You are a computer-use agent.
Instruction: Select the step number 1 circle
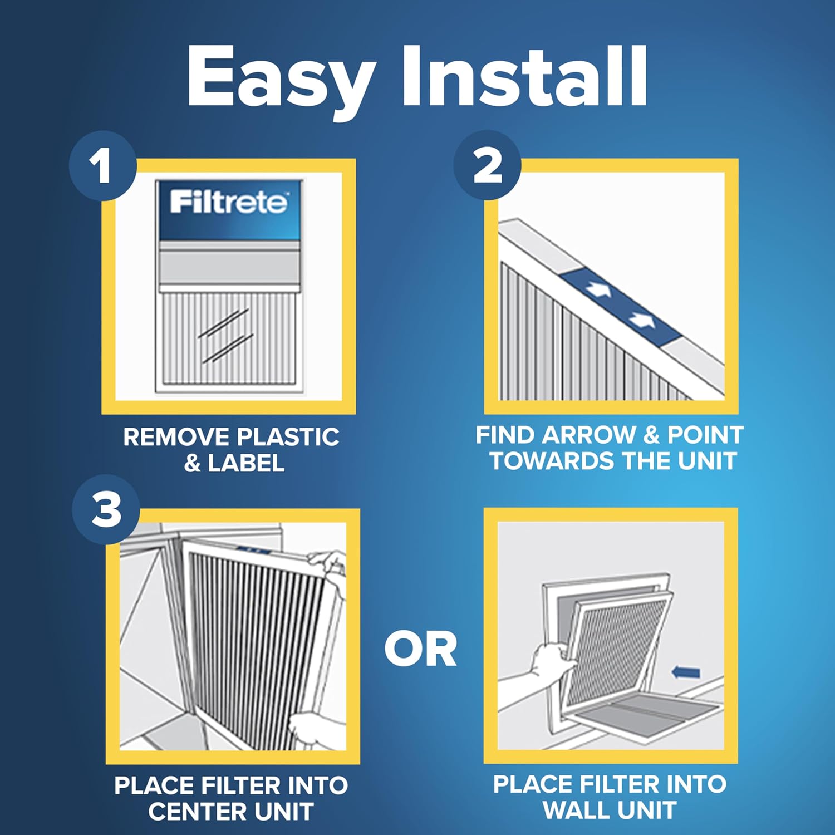click(102, 166)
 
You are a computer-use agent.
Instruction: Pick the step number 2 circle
click(487, 165)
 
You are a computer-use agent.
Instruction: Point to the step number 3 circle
click(106, 509)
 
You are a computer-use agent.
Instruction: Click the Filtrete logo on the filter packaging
click(229, 202)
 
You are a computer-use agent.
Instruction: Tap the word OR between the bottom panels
click(421, 650)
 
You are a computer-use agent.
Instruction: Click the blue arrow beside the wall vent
click(686, 672)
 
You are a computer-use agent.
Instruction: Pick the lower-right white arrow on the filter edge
click(641, 320)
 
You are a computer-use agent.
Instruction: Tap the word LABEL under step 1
click(245, 463)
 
